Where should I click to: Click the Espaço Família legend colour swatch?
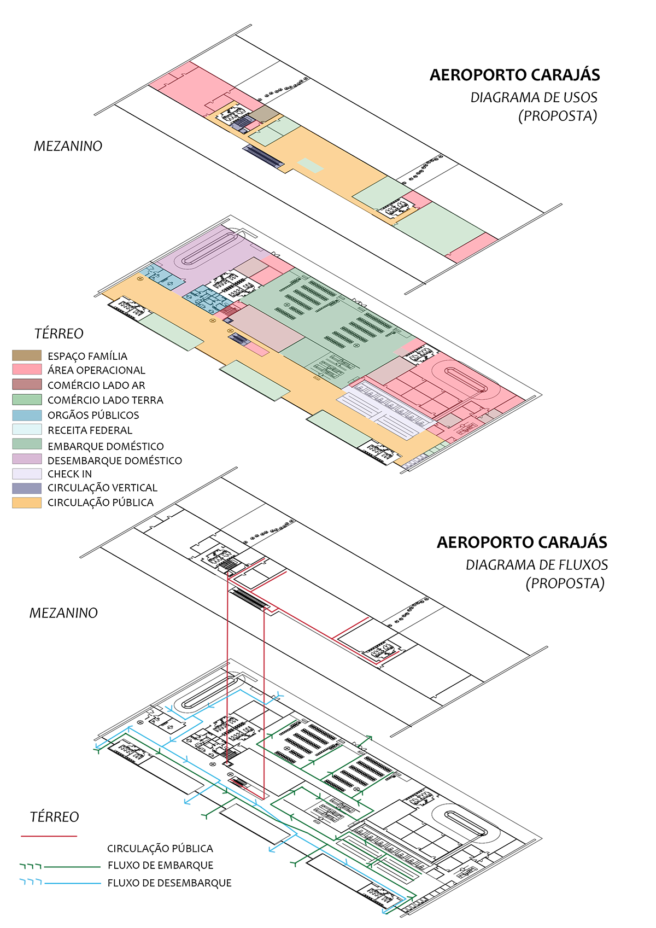27,355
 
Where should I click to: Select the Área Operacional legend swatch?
27,370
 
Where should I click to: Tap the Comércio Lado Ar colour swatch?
27,384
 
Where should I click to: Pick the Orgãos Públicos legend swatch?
27,415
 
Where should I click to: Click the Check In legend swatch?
27,474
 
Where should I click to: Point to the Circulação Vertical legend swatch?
27,488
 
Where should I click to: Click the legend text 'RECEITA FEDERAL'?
90,430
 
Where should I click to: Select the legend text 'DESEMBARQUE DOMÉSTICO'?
114,460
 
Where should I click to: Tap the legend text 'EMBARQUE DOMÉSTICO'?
106,446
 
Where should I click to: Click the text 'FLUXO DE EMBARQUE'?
160,865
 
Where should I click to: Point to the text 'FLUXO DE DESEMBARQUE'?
169,883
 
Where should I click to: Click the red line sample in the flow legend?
49,836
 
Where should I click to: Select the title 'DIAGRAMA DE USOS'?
534,97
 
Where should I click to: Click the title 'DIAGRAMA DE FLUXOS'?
536,565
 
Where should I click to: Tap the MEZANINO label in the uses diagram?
68,146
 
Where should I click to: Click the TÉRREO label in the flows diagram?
54,817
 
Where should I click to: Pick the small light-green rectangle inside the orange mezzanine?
310,165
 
